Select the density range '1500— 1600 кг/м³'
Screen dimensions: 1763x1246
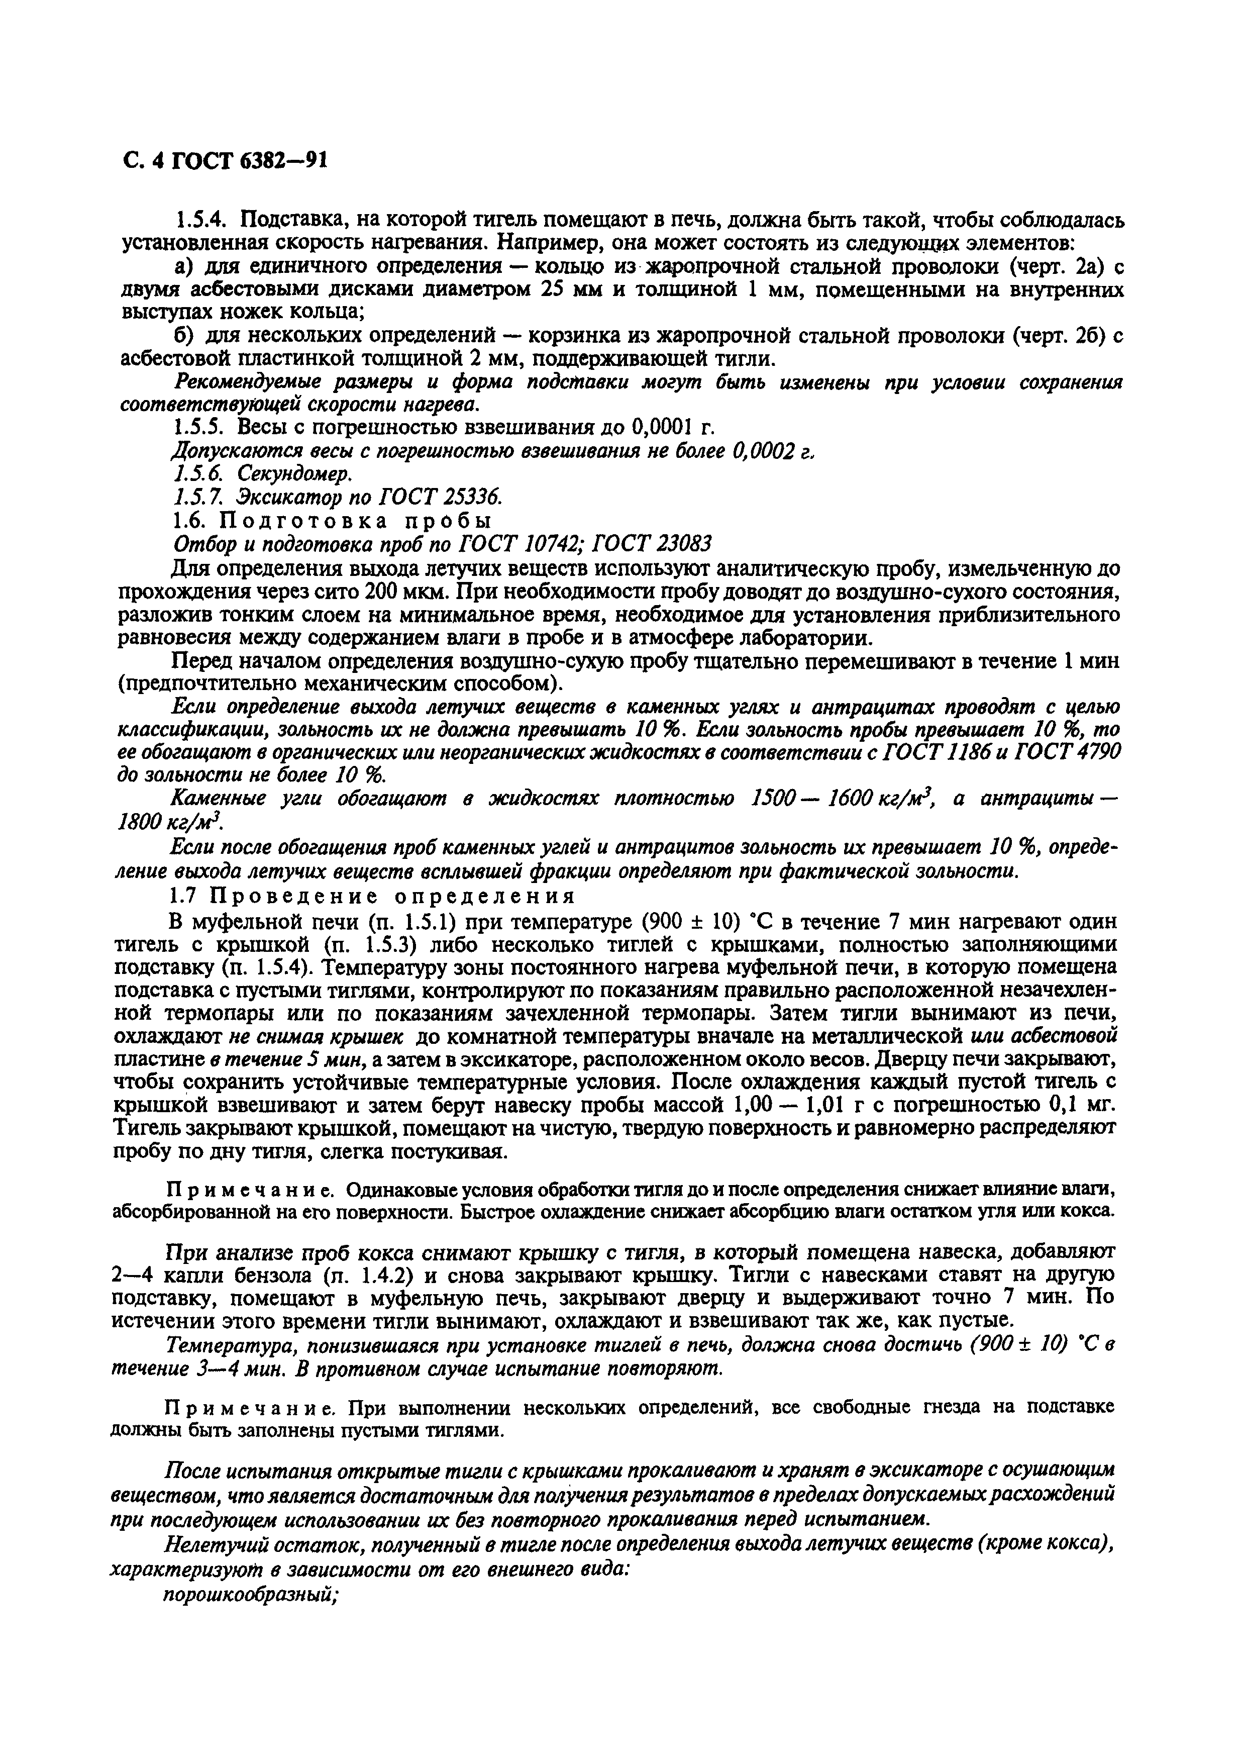pos(841,800)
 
